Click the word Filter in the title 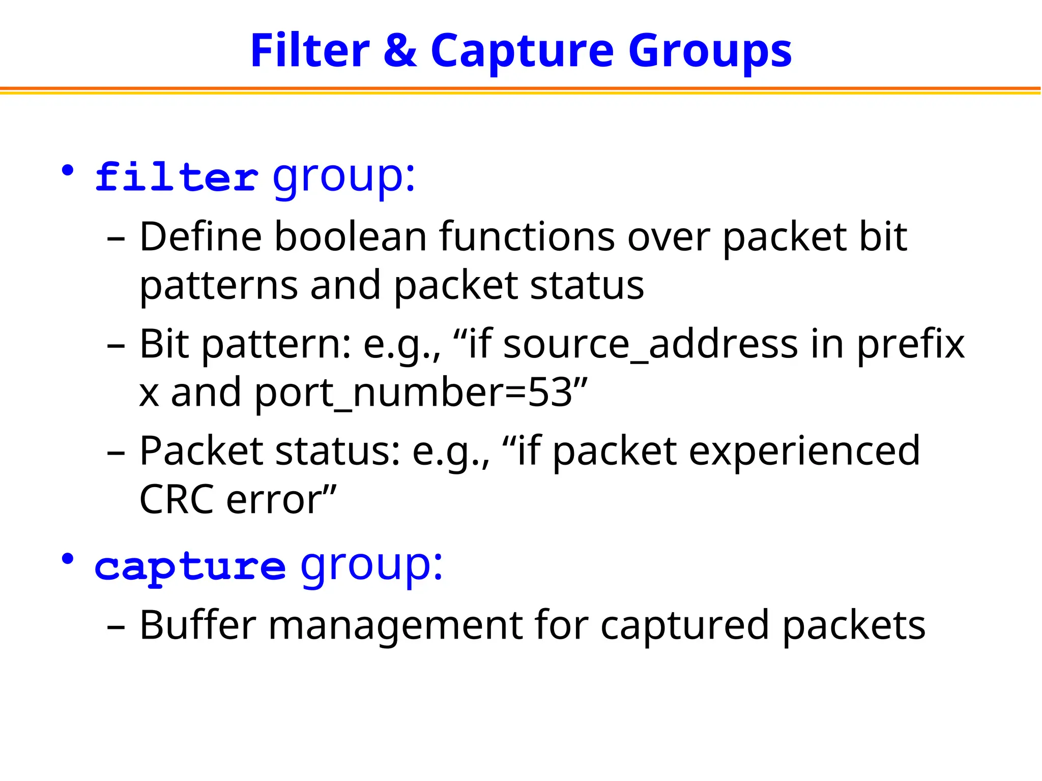tap(310, 51)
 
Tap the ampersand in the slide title tap(400, 51)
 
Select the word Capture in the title tap(523, 51)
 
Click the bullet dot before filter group tap(67, 171)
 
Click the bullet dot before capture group tap(67, 559)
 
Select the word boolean tap(351, 237)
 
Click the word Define tap(200, 237)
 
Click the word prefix tap(911, 345)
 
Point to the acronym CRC tap(176, 500)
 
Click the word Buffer tap(198, 625)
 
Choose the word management tap(395, 625)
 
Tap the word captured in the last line tap(685, 625)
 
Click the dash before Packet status tap(117, 453)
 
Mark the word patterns tap(219, 286)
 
